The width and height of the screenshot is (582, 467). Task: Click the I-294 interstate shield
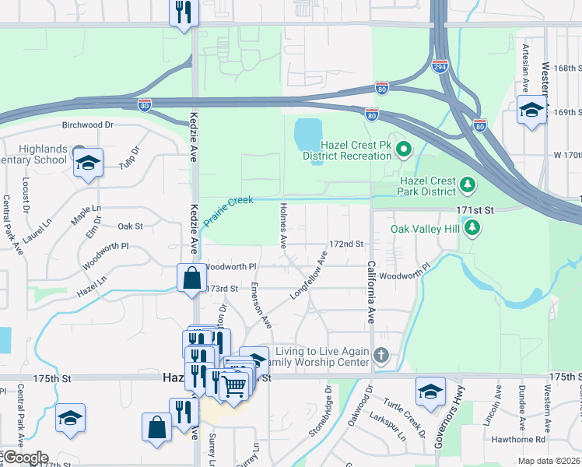pos(440,68)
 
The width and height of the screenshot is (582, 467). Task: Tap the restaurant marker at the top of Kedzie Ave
pos(184,12)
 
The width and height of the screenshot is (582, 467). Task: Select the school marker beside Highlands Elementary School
pos(88,163)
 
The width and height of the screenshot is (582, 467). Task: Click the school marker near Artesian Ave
pos(531,110)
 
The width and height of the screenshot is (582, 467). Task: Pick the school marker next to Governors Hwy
pos(430,392)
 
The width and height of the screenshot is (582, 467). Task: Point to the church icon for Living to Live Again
pos(380,356)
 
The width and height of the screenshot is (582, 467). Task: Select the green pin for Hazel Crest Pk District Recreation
pos(403,148)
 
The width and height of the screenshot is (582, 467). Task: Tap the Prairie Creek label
pos(229,211)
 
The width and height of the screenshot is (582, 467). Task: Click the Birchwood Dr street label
pos(87,125)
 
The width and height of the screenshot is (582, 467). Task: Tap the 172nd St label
pos(346,244)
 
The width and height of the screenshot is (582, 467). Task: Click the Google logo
pos(25,458)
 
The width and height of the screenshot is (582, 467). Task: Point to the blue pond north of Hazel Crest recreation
pos(309,136)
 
